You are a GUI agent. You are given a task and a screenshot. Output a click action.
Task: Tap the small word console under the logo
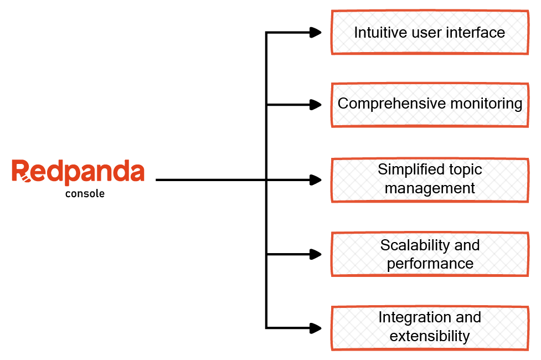(85, 194)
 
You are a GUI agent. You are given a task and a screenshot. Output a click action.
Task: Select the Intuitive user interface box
(430, 32)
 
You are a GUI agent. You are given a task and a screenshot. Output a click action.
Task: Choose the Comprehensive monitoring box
(430, 104)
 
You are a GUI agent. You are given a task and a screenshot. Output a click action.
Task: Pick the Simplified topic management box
(430, 179)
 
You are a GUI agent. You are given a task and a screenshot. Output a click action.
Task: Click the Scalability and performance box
(430, 254)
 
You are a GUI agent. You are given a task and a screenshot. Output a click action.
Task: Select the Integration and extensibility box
(430, 327)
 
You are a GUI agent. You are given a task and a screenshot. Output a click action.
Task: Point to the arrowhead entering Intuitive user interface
(316, 32)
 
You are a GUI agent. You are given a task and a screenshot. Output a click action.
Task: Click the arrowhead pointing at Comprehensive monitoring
(316, 104)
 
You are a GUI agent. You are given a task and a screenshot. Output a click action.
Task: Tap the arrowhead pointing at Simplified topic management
(316, 179)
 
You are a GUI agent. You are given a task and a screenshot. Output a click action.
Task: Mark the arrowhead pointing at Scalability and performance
(316, 254)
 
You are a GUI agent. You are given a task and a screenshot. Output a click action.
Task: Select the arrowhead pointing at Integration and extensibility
(316, 328)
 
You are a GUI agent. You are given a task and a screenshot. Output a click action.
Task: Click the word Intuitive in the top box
(374, 32)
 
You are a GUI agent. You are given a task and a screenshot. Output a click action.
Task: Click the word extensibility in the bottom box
(430, 336)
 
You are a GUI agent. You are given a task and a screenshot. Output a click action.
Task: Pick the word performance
(430, 263)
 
